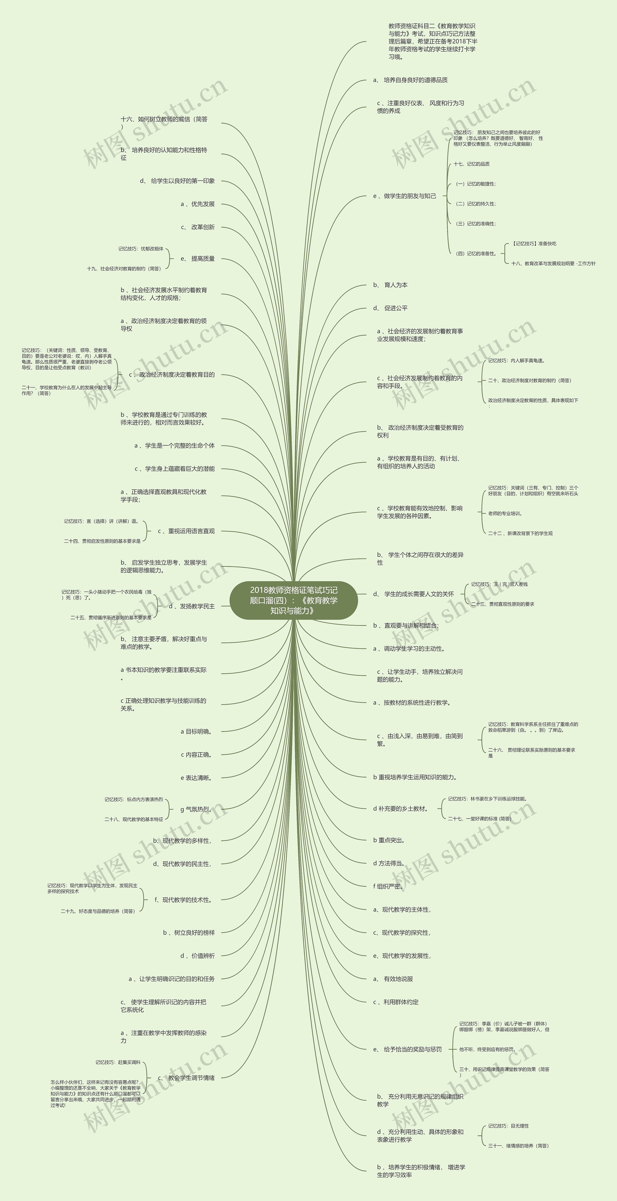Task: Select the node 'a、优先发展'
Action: tap(197, 204)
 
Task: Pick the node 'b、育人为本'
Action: tap(390, 285)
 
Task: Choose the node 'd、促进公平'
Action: tap(390, 308)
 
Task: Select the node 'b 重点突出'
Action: tap(389, 840)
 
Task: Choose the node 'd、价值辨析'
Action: tap(197, 956)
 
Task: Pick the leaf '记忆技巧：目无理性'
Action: tap(508, 1126)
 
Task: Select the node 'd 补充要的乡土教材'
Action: tap(401, 809)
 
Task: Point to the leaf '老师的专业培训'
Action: tap(505, 514)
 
